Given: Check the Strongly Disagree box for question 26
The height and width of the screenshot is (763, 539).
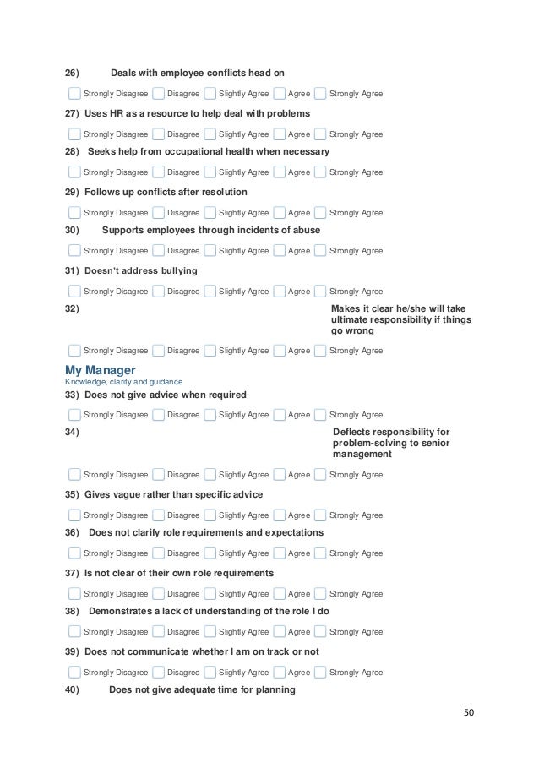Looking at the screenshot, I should click(74, 94).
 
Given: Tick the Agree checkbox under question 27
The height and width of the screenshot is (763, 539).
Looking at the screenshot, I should click(279, 134).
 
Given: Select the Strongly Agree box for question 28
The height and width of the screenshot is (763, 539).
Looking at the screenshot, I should click(320, 172).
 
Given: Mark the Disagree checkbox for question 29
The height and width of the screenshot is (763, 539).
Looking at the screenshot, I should click(158, 213).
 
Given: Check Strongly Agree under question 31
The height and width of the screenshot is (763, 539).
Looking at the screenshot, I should click(320, 292).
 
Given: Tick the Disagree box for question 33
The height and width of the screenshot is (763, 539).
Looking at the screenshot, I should click(158, 415).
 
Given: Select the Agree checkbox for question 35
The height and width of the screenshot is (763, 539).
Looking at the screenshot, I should click(279, 515).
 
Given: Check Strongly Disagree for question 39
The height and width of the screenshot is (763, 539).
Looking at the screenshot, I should click(74, 673).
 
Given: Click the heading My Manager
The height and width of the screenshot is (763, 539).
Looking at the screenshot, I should click(100, 370).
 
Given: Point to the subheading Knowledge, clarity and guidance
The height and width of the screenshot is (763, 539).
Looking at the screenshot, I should click(117, 382).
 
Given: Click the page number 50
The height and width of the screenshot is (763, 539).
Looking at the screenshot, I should click(469, 711).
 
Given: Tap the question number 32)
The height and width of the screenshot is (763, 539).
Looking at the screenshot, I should click(73, 309).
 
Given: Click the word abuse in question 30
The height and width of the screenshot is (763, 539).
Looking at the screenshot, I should click(305, 230).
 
